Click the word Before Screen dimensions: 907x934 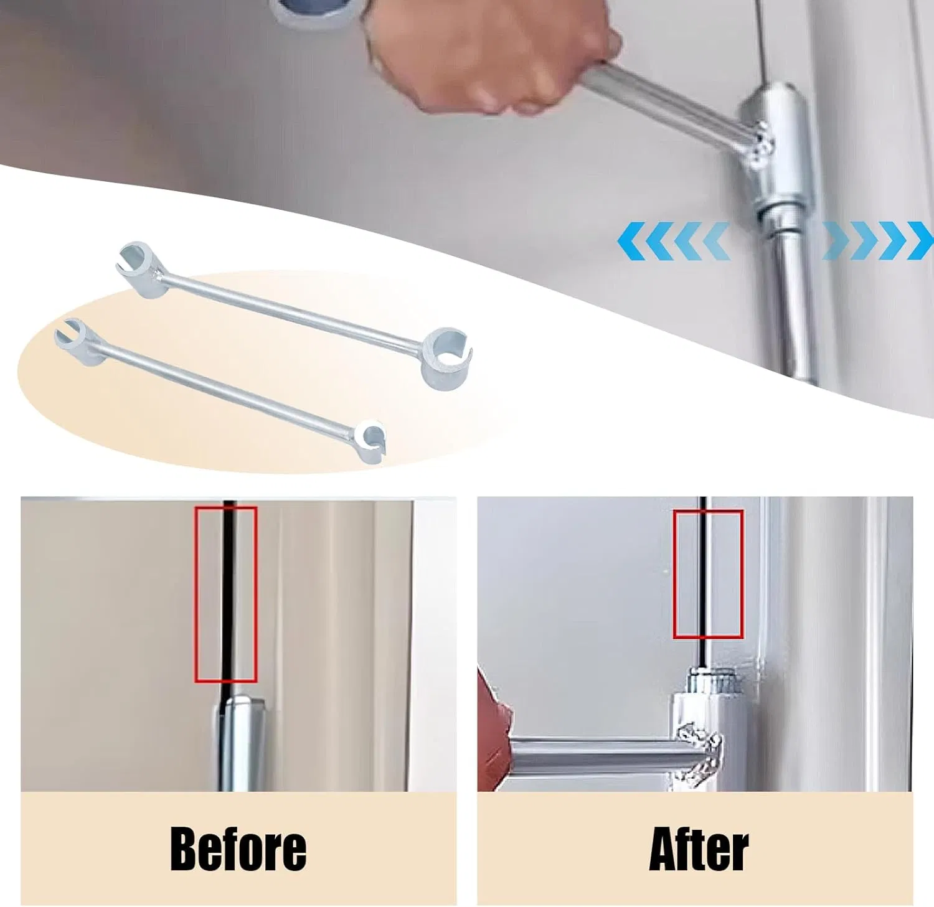(x=238, y=849)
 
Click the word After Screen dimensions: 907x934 (x=698, y=850)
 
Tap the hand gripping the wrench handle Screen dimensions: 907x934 (x=492, y=59)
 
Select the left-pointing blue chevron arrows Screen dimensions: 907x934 (x=673, y=241)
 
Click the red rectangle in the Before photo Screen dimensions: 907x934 (x=226, y=594)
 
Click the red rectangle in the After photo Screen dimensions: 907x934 (x=708, y=573)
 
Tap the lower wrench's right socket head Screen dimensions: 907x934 (x=372, y=439)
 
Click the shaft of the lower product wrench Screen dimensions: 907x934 (x=224, y=389)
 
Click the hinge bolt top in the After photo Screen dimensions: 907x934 (x=712, y=679)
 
